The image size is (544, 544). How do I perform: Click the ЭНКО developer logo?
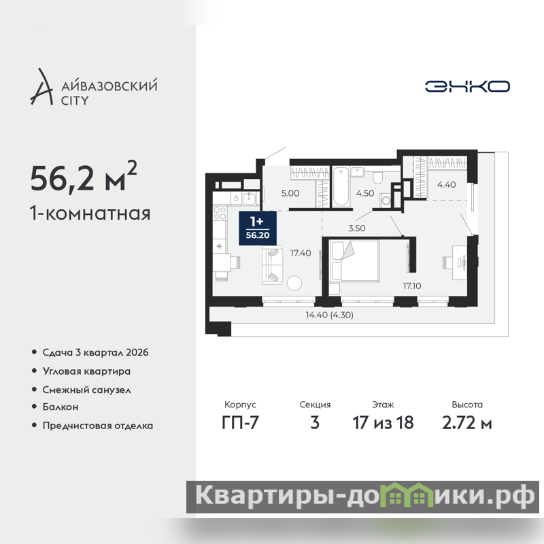coord(467,86)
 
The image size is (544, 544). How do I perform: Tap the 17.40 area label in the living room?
coord(301,253)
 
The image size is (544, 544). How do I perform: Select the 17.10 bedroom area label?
coord(412,286)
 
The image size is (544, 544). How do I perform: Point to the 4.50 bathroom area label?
coord(365,193)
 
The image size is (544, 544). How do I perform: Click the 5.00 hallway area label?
coord(290,193)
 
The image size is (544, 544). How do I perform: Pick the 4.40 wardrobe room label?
coord(446,184)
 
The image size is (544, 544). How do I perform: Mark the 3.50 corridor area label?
coord(356,228)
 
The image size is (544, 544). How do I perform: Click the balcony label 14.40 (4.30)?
coord(329,315)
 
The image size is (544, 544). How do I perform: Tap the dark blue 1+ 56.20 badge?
coord(258,228)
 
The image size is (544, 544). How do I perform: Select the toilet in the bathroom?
coord(377,176)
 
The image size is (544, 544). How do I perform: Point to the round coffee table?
coord(294,283)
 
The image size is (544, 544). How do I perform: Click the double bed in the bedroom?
coord(354,260)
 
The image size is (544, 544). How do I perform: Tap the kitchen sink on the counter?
coord(249,199)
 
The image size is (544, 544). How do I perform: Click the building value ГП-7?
coord(240,422)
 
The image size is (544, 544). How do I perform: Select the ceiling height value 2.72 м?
coord(467,423)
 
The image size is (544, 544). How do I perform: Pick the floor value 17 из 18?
coord(383,423)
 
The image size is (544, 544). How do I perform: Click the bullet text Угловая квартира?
coord(86,371)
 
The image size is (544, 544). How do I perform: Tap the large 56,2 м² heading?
coord(84,177)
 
